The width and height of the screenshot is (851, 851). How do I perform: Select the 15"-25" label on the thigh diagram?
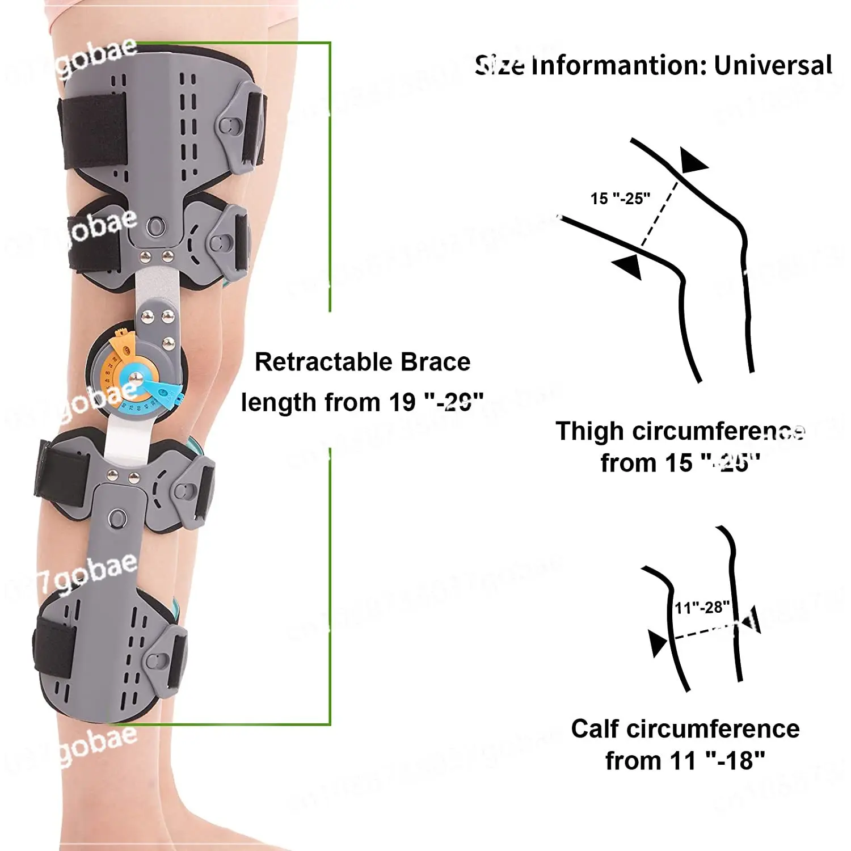[620, 199]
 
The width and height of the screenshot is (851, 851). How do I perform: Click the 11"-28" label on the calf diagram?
[702, 608]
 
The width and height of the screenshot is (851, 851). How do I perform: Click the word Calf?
[595, 729]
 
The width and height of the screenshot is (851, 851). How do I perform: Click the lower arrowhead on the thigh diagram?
[628, 266]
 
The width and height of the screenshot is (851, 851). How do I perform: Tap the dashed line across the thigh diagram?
[659, 214]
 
